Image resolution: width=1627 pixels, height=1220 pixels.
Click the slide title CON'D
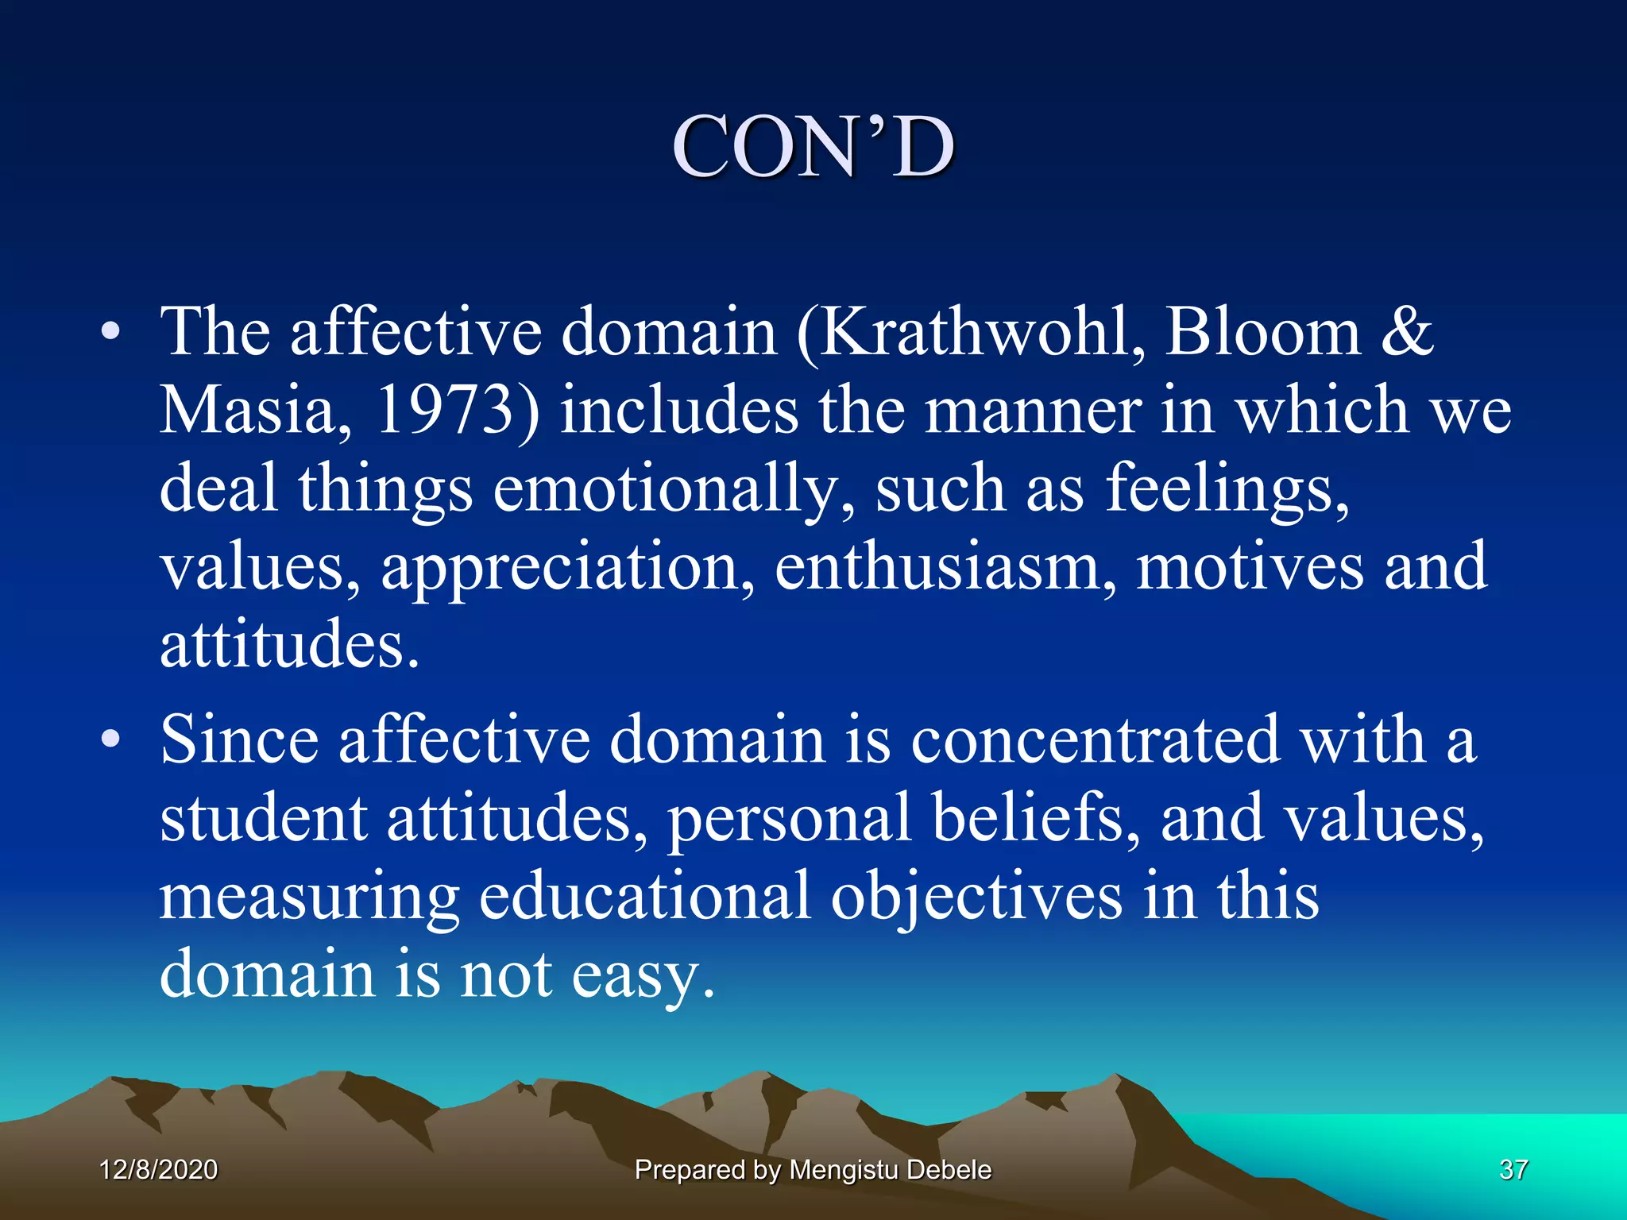tap(813, 148)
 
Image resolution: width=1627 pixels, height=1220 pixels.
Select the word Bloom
tap(1263, 332)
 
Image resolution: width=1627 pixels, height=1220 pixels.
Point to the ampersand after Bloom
tap(1407, 332)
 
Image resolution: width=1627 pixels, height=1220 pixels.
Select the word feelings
tap(1227, 488)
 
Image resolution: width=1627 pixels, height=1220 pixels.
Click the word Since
tap(239, 740)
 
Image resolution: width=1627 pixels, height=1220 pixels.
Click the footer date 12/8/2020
tap(158, 1170)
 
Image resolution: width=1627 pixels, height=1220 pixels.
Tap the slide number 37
tap(1513, 1170)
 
